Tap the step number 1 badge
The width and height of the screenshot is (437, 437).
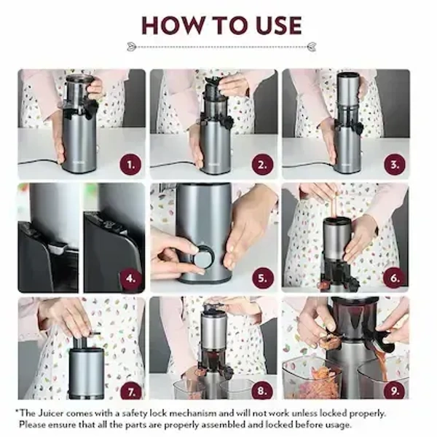click(x=131, y=164)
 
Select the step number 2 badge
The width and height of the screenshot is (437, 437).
click(x=263, y=164)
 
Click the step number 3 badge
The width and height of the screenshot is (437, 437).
click(x=395, y=164)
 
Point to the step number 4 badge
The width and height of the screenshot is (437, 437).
click(x=131, y=277)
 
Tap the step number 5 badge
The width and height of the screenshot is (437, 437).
click(x=263, y=277)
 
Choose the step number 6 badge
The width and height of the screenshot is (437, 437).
click(x=395, y=277)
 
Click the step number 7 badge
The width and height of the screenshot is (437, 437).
click(x=131, y=391)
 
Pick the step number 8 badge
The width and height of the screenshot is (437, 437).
click(x=263, y=391)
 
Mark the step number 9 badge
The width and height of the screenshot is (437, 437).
click(x=395, y=391)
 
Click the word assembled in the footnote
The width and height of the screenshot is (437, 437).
click(x=205, y=424)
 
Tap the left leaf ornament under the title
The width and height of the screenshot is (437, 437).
click(x=132, y=47)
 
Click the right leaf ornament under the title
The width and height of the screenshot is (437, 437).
click(x=311, y=47)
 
